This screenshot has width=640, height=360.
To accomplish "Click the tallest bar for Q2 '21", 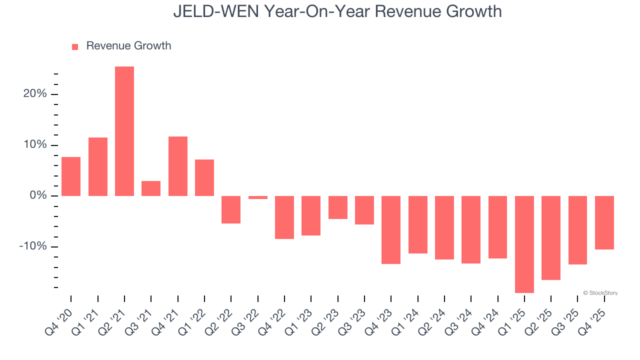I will coord(124,131).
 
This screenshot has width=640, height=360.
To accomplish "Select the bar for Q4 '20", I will coord(71,176).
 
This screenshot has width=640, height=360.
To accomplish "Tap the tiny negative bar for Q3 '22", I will coord(258,197).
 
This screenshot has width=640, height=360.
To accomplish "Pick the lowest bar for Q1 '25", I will coord(524,244).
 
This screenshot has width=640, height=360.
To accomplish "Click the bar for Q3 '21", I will coord(151,188).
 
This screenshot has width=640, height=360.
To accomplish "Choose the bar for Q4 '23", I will coord(391,229).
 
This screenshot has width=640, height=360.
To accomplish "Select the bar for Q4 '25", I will coord(604,222).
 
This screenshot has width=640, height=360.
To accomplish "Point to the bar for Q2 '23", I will coord(338,207).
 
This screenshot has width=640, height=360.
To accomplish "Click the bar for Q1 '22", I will coord(204,177).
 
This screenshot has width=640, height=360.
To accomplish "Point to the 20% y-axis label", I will coord(35,94).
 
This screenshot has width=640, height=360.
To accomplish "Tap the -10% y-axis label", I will coord(33,246).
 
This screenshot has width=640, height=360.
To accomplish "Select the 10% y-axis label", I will coord(35,145).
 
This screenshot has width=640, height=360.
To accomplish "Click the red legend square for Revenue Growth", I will coord(75,46).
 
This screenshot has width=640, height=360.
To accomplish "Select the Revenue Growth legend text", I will coord(128,46).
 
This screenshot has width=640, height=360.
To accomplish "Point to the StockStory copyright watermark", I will coord(600,293).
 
